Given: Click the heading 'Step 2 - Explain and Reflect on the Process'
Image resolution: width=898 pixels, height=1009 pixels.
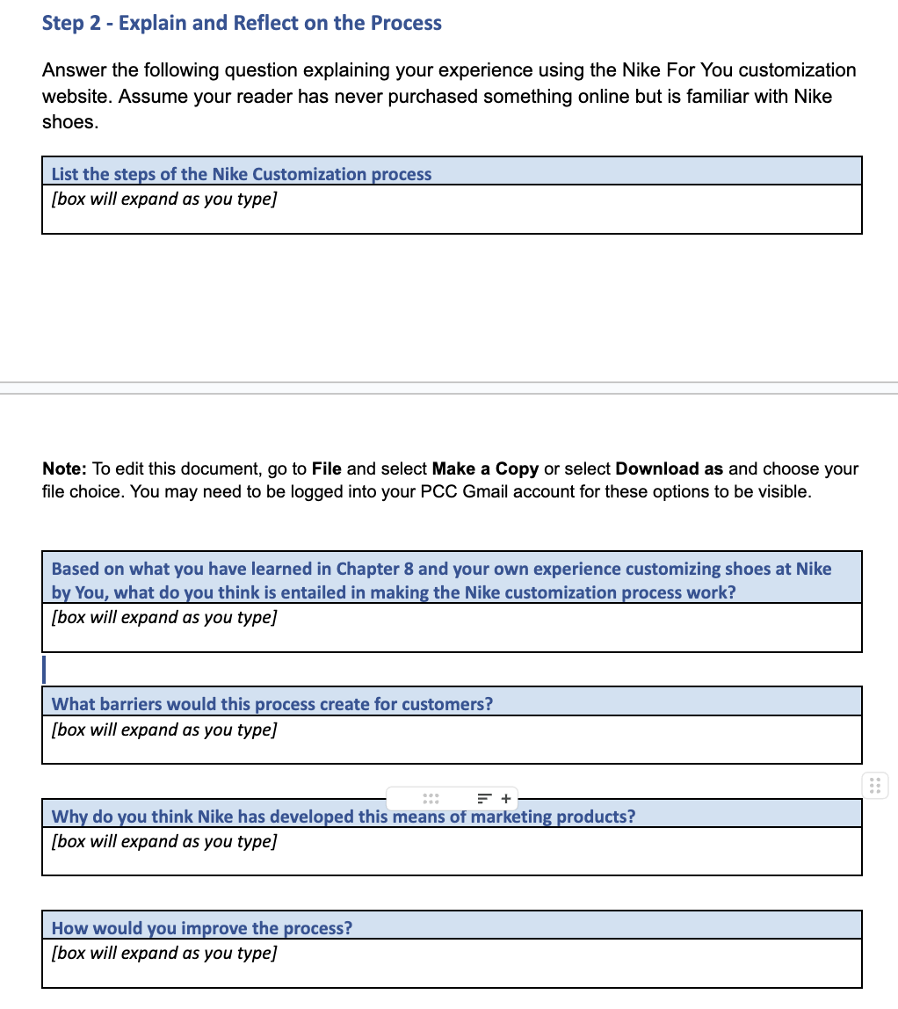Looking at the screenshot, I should (242, 24).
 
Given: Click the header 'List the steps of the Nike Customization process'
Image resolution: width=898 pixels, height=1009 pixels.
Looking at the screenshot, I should (242, 174).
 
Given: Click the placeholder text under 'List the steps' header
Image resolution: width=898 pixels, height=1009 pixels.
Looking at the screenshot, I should (164, 199).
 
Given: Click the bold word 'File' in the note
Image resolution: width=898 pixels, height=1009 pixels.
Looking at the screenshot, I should (327, 468).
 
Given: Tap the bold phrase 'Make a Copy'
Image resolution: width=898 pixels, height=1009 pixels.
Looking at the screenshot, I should (485, 468).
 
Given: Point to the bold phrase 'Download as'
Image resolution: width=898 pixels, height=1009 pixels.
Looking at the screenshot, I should (670, 468).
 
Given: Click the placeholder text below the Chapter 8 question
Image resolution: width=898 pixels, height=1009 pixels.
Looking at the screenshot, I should (164, 617).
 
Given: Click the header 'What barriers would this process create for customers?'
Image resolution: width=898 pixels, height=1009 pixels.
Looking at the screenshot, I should (272, 704).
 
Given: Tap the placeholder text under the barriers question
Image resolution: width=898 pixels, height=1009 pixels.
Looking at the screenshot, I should (164, 730).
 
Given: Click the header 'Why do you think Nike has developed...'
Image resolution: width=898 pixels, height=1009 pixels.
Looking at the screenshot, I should (343, 817).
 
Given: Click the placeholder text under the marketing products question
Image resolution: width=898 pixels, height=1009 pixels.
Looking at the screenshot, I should (164, 841).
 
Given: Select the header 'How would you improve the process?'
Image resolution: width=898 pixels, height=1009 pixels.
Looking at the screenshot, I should (202, 928).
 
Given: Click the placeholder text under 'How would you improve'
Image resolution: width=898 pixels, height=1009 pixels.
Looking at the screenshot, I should (164, 953).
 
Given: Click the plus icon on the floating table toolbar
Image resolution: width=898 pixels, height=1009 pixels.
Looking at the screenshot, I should (506, 799).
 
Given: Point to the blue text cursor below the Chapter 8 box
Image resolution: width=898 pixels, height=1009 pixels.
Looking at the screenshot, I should (44, 669).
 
